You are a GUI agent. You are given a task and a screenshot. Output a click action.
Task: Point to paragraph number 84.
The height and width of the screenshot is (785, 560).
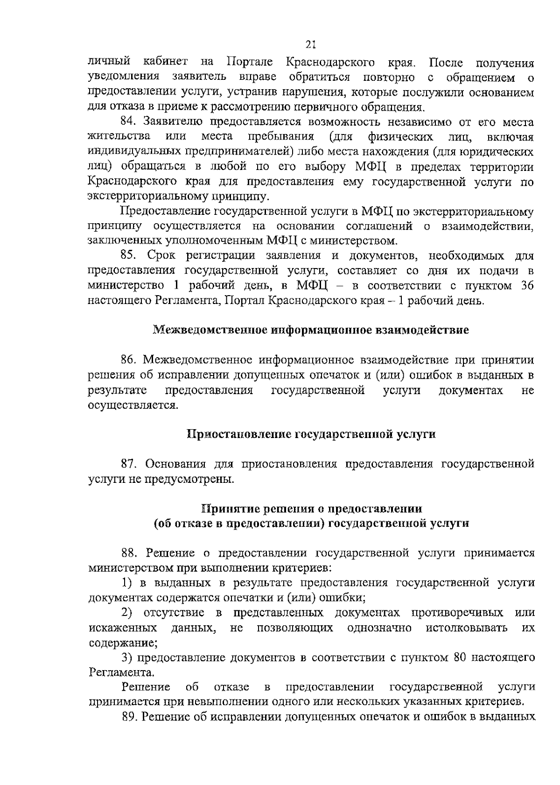pos(129,122)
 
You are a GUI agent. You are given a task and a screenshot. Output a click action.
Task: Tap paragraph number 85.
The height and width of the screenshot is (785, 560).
pos(129,255)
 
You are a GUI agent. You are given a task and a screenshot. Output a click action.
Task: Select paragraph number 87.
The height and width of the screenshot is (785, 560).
pos(129,464)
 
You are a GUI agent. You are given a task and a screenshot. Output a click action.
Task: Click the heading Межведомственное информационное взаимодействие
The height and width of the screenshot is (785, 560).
pos(311,330)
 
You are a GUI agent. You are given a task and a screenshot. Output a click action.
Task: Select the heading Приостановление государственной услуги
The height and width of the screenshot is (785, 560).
pos(311,434)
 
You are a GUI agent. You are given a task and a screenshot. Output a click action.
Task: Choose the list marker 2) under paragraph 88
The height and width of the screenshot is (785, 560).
pos(127,612)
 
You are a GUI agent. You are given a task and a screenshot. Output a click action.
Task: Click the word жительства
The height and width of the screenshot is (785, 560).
pos(119,137)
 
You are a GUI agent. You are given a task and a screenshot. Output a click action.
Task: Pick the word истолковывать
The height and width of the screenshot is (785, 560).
pos(467,628)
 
